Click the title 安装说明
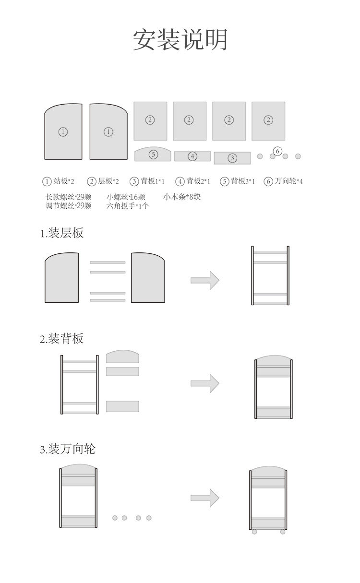(x=180, y=40)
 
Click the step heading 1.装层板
(x=62, y=233)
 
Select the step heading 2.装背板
(x=62, y=339)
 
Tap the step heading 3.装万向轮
(x=68, y=449)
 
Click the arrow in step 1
(x=205, y=280)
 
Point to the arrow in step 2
(x=205, y=383)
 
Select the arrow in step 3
(x=205, y=498)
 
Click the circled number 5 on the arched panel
(x=153, y=155)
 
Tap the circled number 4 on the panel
(x=192, y=156)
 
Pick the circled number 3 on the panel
(x=232, y=158)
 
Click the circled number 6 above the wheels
(x=277, y=151)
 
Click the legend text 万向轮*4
(x=288, y=181)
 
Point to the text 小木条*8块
(x=182, y=197)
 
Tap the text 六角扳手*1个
(x=128, y=206)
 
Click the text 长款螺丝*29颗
(x=68, y=197)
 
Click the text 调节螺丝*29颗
(x=68, y=206)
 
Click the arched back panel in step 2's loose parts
(x=122, y=357)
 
